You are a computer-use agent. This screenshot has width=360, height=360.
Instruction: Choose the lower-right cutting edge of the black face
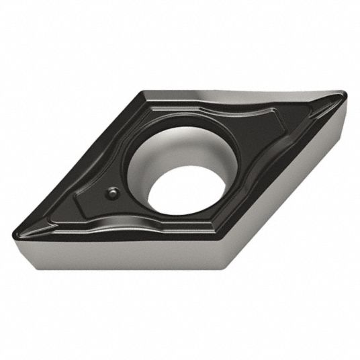[289, 175]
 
